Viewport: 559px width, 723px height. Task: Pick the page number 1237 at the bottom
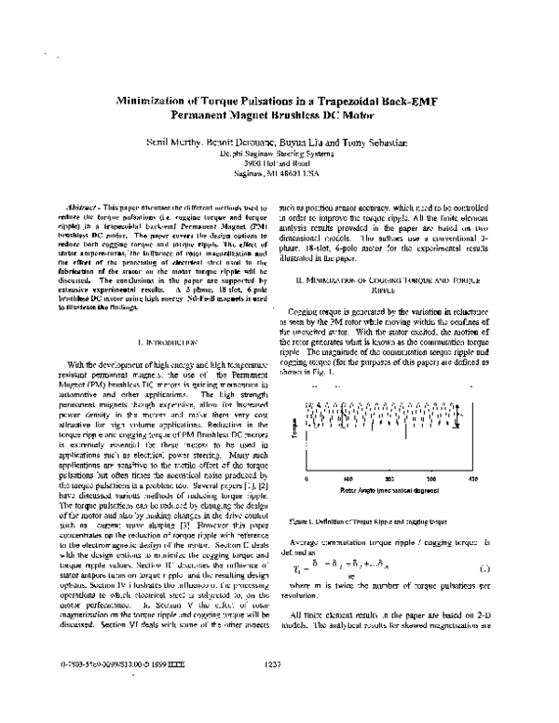point(272,689)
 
